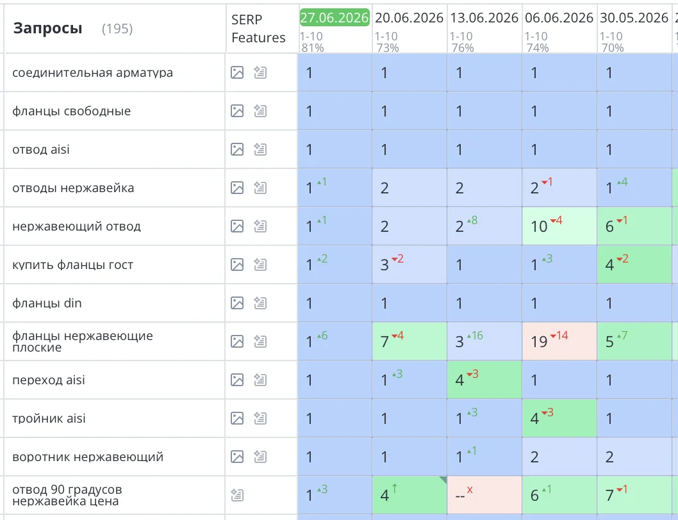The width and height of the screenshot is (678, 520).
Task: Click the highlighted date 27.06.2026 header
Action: (x=335, y=17)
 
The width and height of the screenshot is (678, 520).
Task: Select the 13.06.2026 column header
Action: (x=484, y=18)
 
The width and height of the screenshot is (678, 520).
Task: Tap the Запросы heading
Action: (x=47, y=29)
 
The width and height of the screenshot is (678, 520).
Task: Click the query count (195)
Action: (x=117, y=29)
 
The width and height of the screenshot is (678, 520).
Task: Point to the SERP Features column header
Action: (x=258, y=29)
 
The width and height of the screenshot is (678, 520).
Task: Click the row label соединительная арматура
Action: (x=92, y=72)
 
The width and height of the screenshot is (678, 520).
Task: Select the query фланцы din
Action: (x=47, y=303)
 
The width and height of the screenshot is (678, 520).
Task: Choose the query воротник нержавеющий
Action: (x=88, y=457)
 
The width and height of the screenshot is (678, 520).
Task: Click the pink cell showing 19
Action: (x=559, y=341)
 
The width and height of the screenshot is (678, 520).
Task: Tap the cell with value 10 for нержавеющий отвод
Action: (x=559, y=226)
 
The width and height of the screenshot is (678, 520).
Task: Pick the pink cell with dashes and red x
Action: (x=484, y=496)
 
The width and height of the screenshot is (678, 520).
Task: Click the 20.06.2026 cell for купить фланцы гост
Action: (x=409, y=264)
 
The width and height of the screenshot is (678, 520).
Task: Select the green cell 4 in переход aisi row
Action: (x=484, y=380)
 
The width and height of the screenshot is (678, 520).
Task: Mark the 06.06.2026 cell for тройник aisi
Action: (x=559, y=418)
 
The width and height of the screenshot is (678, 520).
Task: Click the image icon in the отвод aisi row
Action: (x=237, y=150)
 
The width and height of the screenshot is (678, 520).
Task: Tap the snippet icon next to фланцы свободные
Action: (x=260, y=111)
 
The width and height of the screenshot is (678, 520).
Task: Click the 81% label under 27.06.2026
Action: (x=313, y=47)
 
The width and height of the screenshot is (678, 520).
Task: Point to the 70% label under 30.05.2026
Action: (x=612, y=47)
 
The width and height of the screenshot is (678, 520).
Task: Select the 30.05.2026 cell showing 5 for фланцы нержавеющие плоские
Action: (x=634, y=341)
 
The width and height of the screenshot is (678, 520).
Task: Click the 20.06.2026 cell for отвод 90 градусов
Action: (x=409, y=496)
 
